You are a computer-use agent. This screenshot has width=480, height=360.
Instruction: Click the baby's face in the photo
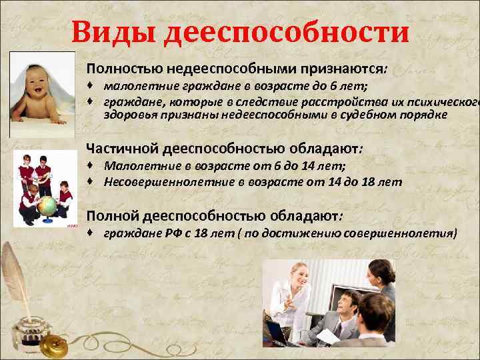(x=41, y=83)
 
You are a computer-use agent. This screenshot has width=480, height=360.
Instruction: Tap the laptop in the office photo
(x=283, y=336)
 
